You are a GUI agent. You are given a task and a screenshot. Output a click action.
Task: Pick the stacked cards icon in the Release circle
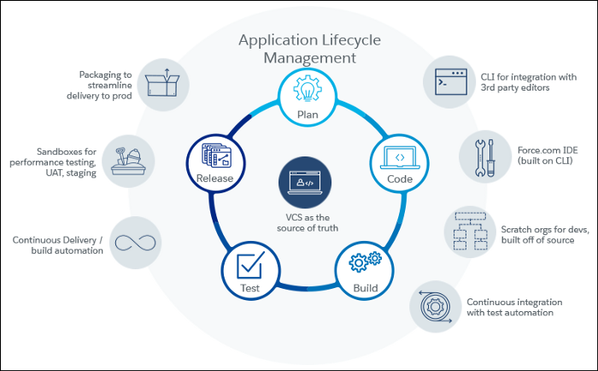[214, 155]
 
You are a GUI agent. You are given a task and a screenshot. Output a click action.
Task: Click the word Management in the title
[308, 59]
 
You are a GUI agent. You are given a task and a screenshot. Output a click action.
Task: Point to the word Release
[214, 178]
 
